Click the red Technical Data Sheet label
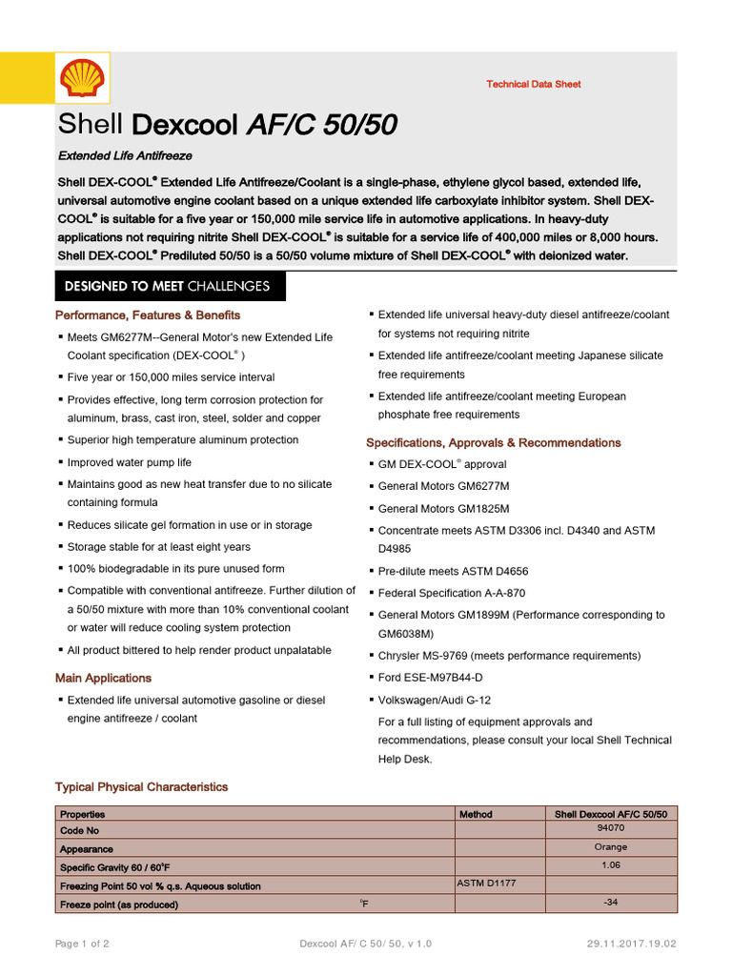click(x=533, y=84)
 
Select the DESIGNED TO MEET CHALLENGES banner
click(x=167, y=286)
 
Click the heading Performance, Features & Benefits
click(x=148, y=315)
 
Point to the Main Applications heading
click(x=103, y=678)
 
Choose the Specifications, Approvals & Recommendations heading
click(x=493, y=442)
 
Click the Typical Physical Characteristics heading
click(x=141, y=786)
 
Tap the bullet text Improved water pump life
click(x=129, y=462)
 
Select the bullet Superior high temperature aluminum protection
click(x=182, y=439)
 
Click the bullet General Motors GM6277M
click(x=443, y=485)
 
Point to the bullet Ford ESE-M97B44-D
click(x=430, y=677)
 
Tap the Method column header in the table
click(x=476, y=814)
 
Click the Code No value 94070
click(x=610, y=828)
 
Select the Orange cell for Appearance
click(x=610, y=846)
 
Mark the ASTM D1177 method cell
click(x=486, y=884)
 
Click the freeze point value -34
click(x=610, y=902)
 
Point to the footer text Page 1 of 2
click(x=82, y=944)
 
